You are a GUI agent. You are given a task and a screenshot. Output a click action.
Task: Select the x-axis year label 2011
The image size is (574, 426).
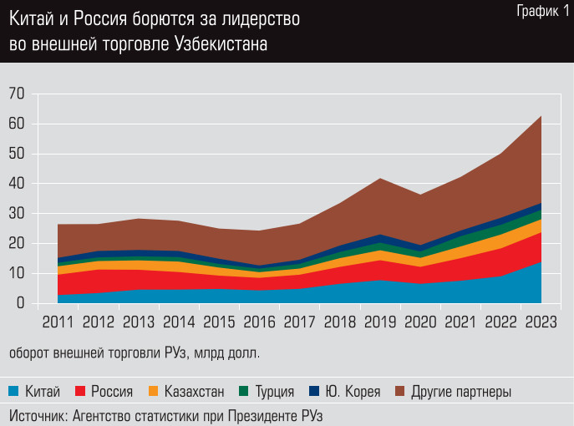coord(58,322)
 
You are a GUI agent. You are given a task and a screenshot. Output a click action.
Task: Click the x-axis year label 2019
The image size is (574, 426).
coord(380,322)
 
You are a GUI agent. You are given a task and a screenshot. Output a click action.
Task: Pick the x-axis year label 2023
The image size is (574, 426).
coord(541,322)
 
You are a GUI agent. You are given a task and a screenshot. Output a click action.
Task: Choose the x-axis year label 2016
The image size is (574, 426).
coord(259,322)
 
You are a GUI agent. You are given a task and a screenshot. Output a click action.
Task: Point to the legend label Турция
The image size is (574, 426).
coord(274,390)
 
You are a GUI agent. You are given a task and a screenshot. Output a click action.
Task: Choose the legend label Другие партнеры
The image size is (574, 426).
coord(461,390)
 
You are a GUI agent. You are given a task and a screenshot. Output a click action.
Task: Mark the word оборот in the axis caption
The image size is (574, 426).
coord(29,353)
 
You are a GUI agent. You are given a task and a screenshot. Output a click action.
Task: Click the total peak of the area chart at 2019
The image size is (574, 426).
coord(380,178)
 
